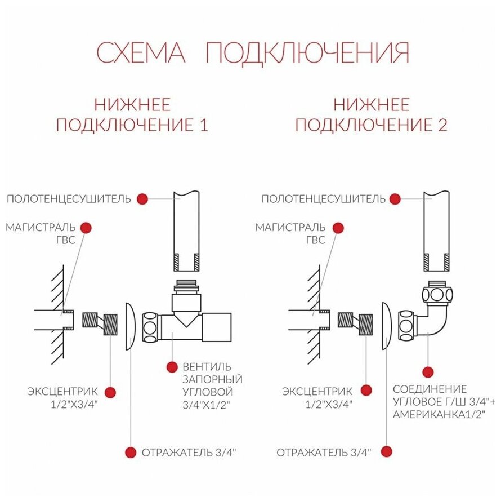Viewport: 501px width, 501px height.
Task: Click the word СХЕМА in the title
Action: click(x=141, y=52)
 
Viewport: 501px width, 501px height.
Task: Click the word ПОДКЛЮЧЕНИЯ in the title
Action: click(x=307, y=52)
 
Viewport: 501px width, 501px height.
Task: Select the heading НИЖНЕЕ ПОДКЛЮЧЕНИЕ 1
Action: click(x=132, y=114)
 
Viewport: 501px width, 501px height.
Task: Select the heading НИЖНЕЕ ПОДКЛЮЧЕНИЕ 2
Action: click(x=372, y=114)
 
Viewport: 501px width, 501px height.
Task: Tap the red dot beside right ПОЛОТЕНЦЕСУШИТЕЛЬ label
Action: click(x=395, y=198)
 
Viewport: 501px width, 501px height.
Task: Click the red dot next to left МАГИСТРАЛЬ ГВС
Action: click(x=86, y=228)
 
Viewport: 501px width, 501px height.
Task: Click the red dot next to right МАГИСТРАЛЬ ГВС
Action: click(x=338, y=228)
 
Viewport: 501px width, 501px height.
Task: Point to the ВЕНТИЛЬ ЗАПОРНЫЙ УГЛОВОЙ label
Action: click(x=208, y=385)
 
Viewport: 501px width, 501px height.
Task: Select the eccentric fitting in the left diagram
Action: click(x=100, y=325)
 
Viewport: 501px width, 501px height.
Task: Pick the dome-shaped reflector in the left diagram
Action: click(x=128, y=326)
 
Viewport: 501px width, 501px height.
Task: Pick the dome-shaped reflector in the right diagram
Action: click(x=387, y=326)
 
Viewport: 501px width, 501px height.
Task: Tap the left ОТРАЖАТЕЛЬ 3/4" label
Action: click(x=189, y=452)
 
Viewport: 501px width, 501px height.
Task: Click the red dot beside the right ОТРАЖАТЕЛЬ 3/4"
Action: click(x=387, y=451)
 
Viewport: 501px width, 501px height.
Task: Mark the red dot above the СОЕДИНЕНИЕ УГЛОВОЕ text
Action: click(x=428, y=372)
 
